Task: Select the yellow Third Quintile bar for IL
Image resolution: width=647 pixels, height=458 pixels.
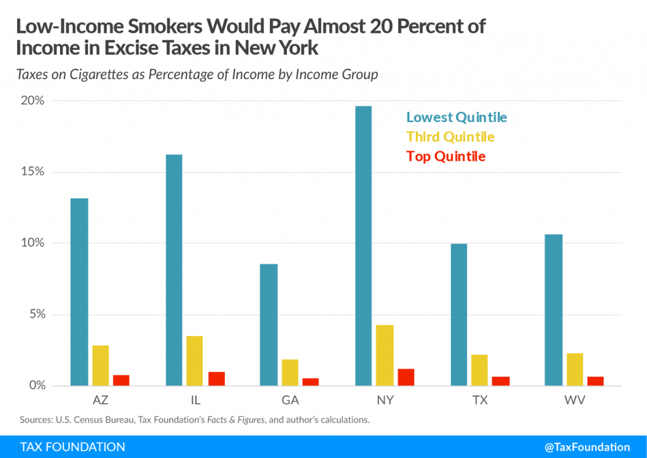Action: click(195, 361)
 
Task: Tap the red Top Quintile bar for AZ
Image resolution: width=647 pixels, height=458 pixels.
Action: click(121, 380)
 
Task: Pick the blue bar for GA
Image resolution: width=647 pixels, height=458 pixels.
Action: click(269, 325)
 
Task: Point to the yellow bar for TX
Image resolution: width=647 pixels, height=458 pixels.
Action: click(480, 370)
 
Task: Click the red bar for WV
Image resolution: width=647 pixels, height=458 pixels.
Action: click(596, 381)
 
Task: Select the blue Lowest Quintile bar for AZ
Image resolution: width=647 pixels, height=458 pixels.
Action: click(79, 292)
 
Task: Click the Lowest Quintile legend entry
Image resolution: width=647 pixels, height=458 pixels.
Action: click(456, 117)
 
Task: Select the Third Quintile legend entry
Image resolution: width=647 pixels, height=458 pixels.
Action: click(450, 137)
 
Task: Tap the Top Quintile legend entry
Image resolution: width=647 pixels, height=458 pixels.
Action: click(445, 156)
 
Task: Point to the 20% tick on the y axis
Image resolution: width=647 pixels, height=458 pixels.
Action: click(32, 101)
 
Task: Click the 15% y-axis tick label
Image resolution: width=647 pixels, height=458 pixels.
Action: click(32, 172)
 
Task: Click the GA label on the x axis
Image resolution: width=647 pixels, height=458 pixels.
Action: click(291, 401)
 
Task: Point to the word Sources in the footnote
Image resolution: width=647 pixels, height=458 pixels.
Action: click(36, 419)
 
